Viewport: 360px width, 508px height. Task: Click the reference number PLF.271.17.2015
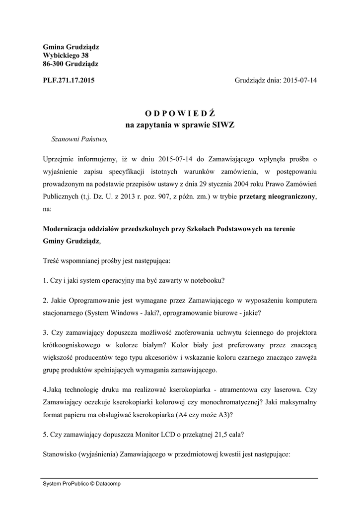(x=69, y=79)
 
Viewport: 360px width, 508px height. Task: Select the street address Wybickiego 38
(x=66, y=55)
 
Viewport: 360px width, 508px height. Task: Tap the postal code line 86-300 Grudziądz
(x=71, y=63)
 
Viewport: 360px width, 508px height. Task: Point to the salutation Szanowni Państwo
(x=79, y=139)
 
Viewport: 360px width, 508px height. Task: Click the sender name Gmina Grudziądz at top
(x=71, y=47)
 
